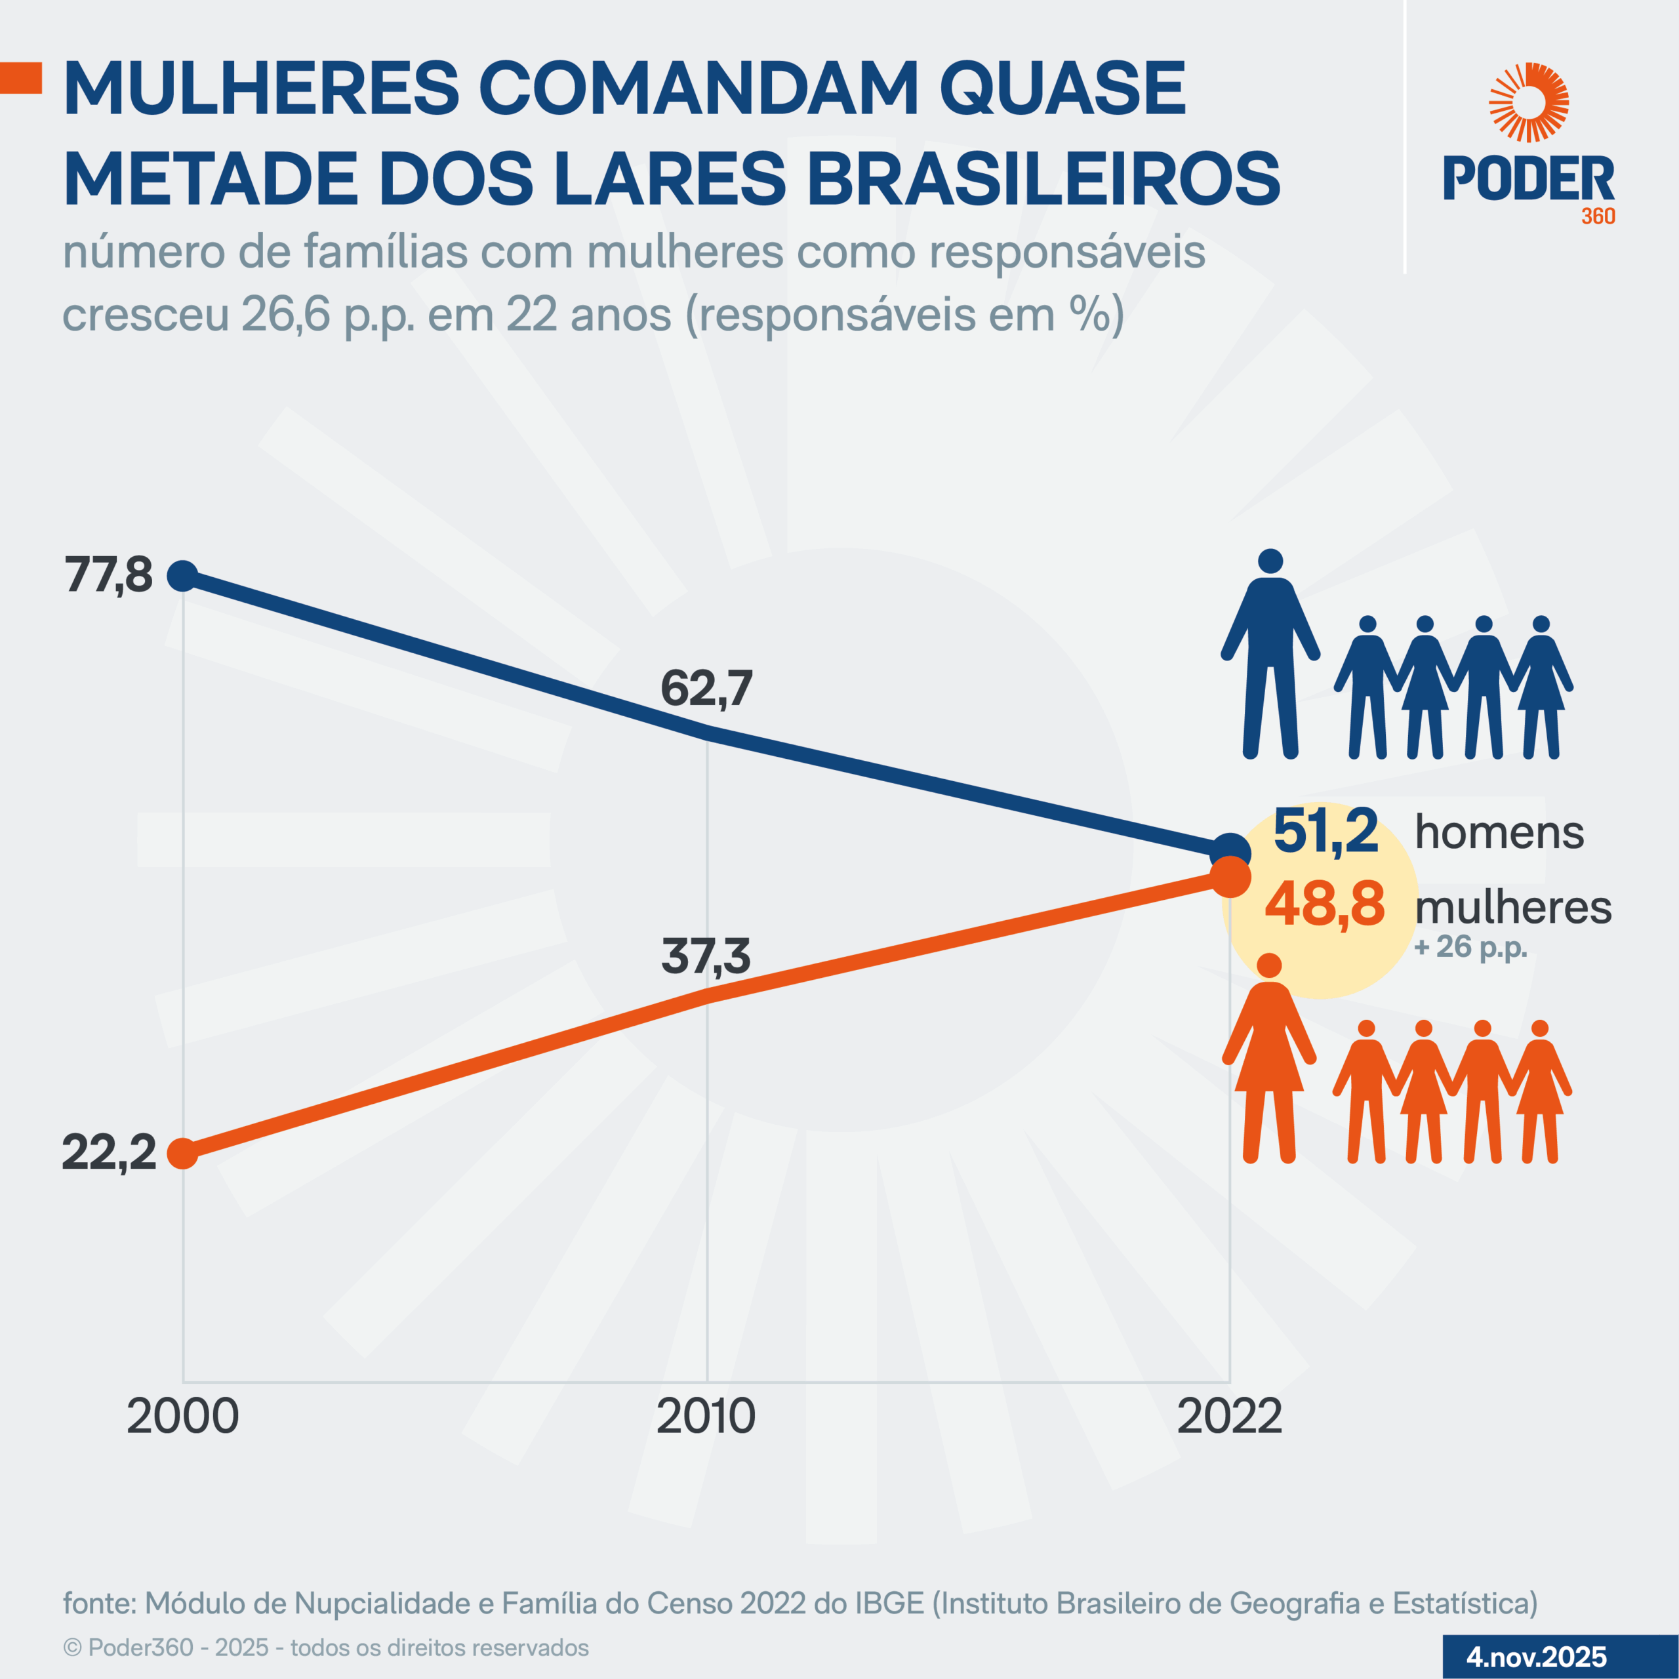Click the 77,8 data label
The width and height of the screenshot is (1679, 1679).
click(109, 575)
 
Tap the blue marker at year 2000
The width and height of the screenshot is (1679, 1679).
click(182, 575)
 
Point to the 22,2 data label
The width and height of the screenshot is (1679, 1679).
click(109, 1153)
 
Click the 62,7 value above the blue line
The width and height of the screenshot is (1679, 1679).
click(706, 688)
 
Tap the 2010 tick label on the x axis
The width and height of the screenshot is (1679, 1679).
click(706, 1417)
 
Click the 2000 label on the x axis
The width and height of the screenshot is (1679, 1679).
click(182, 1417)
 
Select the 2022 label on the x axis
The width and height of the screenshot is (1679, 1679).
click(1229, 1417)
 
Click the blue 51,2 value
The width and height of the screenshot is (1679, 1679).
click(1325, 832)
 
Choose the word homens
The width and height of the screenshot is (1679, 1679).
click(1499, 832)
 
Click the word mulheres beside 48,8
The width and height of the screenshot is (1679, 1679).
click(1513, 907)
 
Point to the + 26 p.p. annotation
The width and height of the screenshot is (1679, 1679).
click(1470, 946)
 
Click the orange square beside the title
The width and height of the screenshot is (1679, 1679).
click(20, 77)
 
